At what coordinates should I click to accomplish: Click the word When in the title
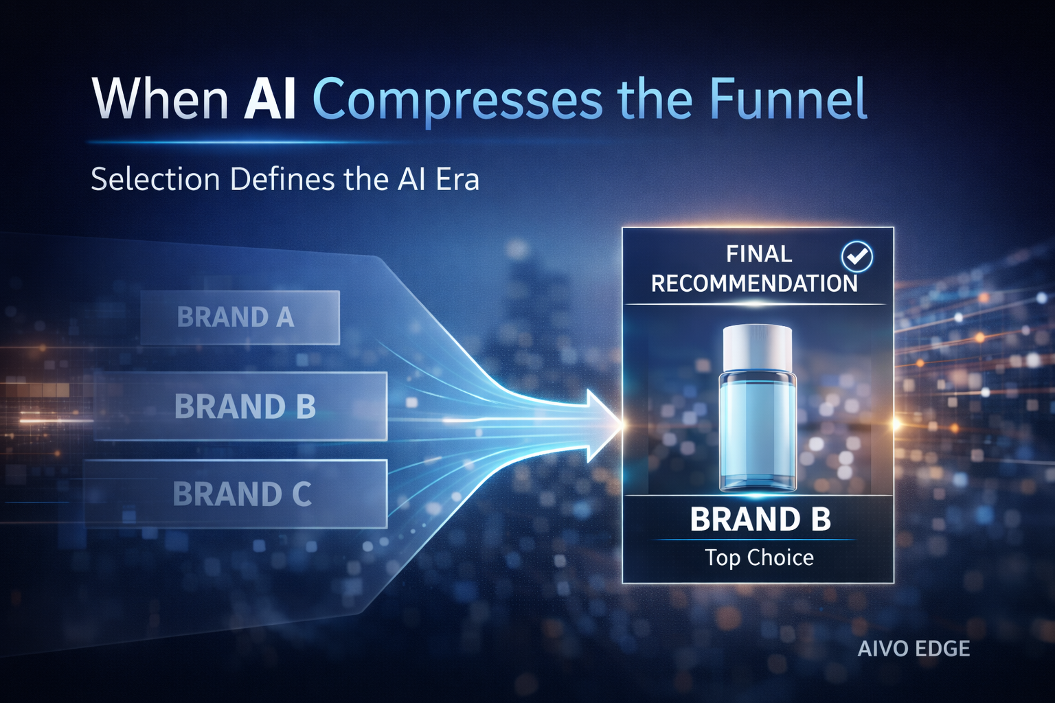(x=160, y=100)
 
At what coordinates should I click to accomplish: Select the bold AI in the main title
(x=270, y=100)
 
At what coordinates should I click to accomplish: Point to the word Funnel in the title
(x=788, y=100)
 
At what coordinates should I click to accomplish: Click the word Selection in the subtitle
(x=155, y=180)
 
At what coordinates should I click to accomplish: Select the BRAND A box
(x=240, y=317)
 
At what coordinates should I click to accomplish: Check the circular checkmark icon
(x=857, y=257)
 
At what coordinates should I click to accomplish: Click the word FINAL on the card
(x=758, y=255)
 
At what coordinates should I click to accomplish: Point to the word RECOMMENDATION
(x=753, y=284)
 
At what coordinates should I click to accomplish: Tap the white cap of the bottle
(x=758, y=347)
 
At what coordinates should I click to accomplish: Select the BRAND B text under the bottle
(x=760, y=520)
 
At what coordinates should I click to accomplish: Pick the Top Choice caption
(x=759, y=557)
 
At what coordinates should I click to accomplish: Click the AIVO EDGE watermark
(x=914, y=649)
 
